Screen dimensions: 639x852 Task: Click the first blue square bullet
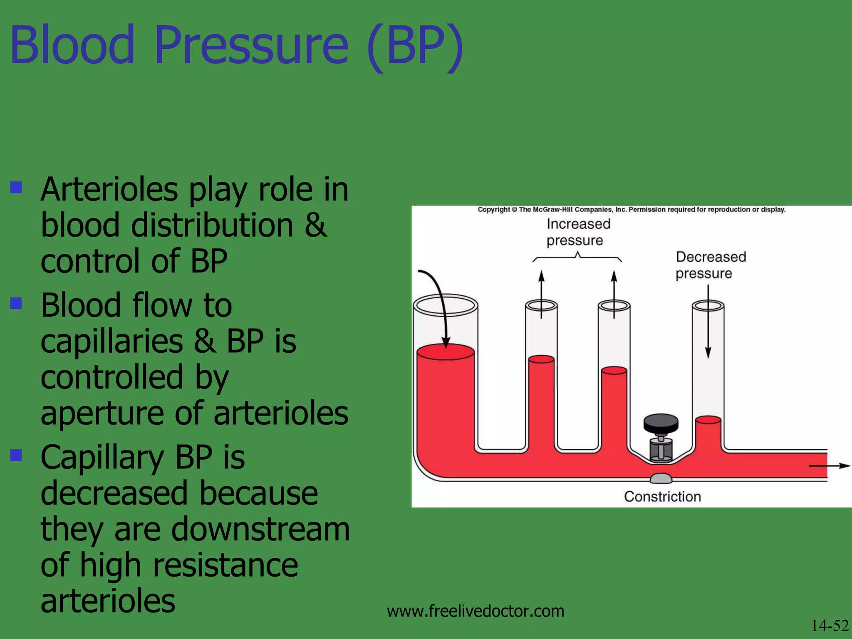click(16, 188)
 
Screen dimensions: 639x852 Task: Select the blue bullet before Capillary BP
click(16, 455)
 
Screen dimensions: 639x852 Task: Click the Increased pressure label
click(577, 232)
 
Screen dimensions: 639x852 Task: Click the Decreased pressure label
click(710, 265)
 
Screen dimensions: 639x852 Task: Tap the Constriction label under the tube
click(662, 496)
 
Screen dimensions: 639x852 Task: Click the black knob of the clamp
click(661, 423)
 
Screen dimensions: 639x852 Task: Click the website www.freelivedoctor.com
click(475, 611)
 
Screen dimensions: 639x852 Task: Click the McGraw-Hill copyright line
click(631, 210)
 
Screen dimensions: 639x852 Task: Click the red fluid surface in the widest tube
click(445, 352)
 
